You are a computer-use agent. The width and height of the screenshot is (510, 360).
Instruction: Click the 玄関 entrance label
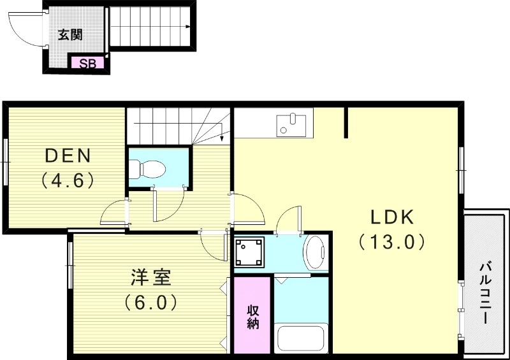[x=70, y=35]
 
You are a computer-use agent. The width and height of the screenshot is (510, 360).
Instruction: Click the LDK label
[x=393, y=217]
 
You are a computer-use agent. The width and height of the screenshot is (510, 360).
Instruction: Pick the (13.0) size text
[x=391, y=241]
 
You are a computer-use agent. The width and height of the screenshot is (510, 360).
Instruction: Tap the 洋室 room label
[x=151, y=277]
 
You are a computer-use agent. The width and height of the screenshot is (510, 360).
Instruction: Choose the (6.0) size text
[x=150, y=301]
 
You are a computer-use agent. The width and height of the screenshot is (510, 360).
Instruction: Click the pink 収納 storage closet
[x=252, y=315]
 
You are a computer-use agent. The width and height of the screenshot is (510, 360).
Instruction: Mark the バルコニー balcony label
[x=486, y=292]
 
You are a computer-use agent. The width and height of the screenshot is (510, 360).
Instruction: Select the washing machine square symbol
[x=249, y=252]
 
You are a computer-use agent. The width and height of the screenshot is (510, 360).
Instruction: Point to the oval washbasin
[x=315, y=252]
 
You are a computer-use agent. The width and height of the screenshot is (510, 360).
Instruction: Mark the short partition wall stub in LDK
[x=346, y=122]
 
